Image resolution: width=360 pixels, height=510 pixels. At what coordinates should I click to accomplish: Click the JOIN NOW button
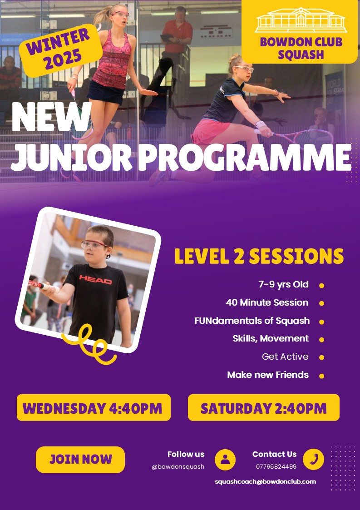coord(80,459)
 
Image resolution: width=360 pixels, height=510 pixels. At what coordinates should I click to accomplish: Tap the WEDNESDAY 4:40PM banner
coord(94,407)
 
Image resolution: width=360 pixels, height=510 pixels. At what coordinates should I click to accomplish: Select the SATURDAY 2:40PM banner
coord(264,407)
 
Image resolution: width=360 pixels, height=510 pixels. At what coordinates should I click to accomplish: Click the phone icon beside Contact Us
coord(314,459)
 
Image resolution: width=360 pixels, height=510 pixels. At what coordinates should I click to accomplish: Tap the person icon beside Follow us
coord(225,460)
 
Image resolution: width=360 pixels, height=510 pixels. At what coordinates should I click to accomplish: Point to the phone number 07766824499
coord(276,466)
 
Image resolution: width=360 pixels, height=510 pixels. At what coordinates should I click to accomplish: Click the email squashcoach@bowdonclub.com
coord(266,482)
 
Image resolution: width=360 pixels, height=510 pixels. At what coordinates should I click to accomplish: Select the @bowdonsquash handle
coord(178,466)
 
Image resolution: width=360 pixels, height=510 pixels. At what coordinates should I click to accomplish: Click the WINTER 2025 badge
coord(60,50)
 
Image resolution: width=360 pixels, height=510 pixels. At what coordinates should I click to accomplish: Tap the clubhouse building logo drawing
coord(301,20)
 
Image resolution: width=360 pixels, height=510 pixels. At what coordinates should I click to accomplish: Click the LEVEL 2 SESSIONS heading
coord(259,256)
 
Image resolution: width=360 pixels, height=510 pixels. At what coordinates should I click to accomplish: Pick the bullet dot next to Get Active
coord(321,357)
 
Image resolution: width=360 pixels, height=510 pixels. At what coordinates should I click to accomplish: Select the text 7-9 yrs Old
coord(284,284)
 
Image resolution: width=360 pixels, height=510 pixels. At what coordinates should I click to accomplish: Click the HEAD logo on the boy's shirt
coord(96,279)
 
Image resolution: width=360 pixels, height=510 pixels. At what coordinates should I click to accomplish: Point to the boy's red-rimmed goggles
coord(94,245)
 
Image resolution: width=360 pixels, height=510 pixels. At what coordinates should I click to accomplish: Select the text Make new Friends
coord(268,375)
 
